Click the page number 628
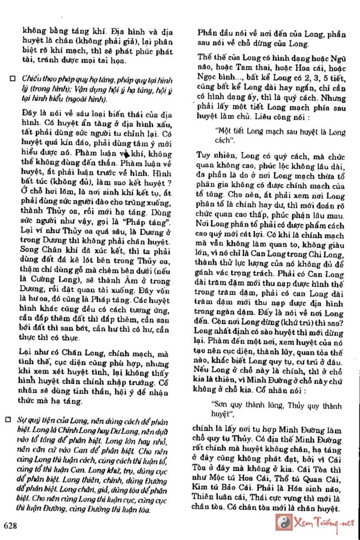point(10,526)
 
